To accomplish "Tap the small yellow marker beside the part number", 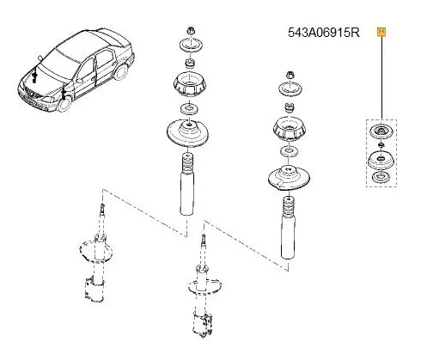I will click(x=381, y=32).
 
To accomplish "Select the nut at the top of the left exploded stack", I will click(x=188, y=30).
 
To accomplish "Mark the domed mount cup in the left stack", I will click(x=188, y=87).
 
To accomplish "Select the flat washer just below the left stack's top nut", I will click(x=188, y=46).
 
